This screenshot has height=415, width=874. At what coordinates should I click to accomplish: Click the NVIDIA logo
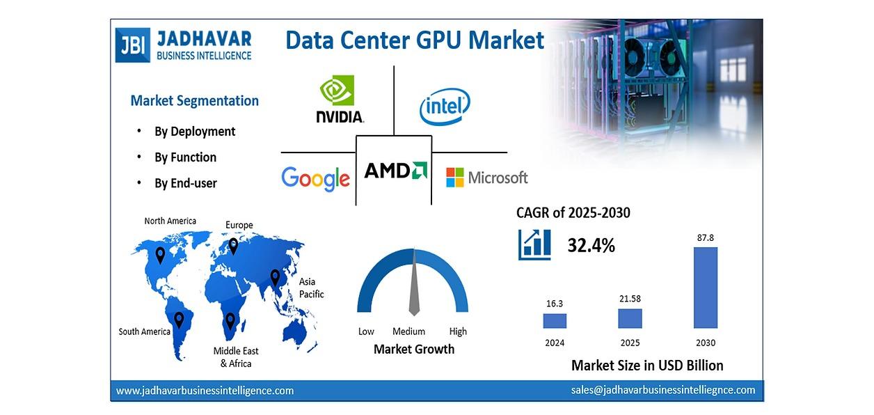tap(339, 99)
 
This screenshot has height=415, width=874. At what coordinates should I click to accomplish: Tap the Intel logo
tap(445, 107)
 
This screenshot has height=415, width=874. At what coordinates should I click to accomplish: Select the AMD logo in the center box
tap(395, 171)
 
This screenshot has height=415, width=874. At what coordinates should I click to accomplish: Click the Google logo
tap(315, 178)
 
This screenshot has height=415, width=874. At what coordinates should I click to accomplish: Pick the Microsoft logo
tap(486, 178)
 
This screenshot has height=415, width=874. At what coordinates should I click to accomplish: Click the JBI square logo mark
tap(132, 45)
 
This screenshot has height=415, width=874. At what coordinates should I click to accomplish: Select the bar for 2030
tap(705, 288)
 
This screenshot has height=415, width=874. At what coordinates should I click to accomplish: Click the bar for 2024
tap(555, 320)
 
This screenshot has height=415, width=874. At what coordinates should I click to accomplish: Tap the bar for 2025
tap(630, 318)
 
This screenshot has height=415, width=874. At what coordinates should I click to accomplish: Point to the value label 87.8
tap(706, 238)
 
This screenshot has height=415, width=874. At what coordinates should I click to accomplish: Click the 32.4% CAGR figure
tap(591, 245)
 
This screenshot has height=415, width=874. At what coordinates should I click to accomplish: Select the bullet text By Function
tap(185, 157)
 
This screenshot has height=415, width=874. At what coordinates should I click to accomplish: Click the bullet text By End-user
tap(186, 183)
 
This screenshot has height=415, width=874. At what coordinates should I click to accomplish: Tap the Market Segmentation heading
tap(194, 100)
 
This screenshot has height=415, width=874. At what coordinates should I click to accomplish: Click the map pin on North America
tap(160, 255)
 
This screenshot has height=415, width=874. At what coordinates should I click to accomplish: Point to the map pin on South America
tap(179, 320)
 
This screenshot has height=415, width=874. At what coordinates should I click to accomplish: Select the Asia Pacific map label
tap(311, 288)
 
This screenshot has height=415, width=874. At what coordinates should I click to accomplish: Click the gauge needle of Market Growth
tap(414, 285)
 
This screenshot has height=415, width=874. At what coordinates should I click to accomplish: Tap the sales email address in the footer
tap(663, 390)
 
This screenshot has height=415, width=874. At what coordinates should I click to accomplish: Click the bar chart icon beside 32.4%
tap(534, 244)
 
